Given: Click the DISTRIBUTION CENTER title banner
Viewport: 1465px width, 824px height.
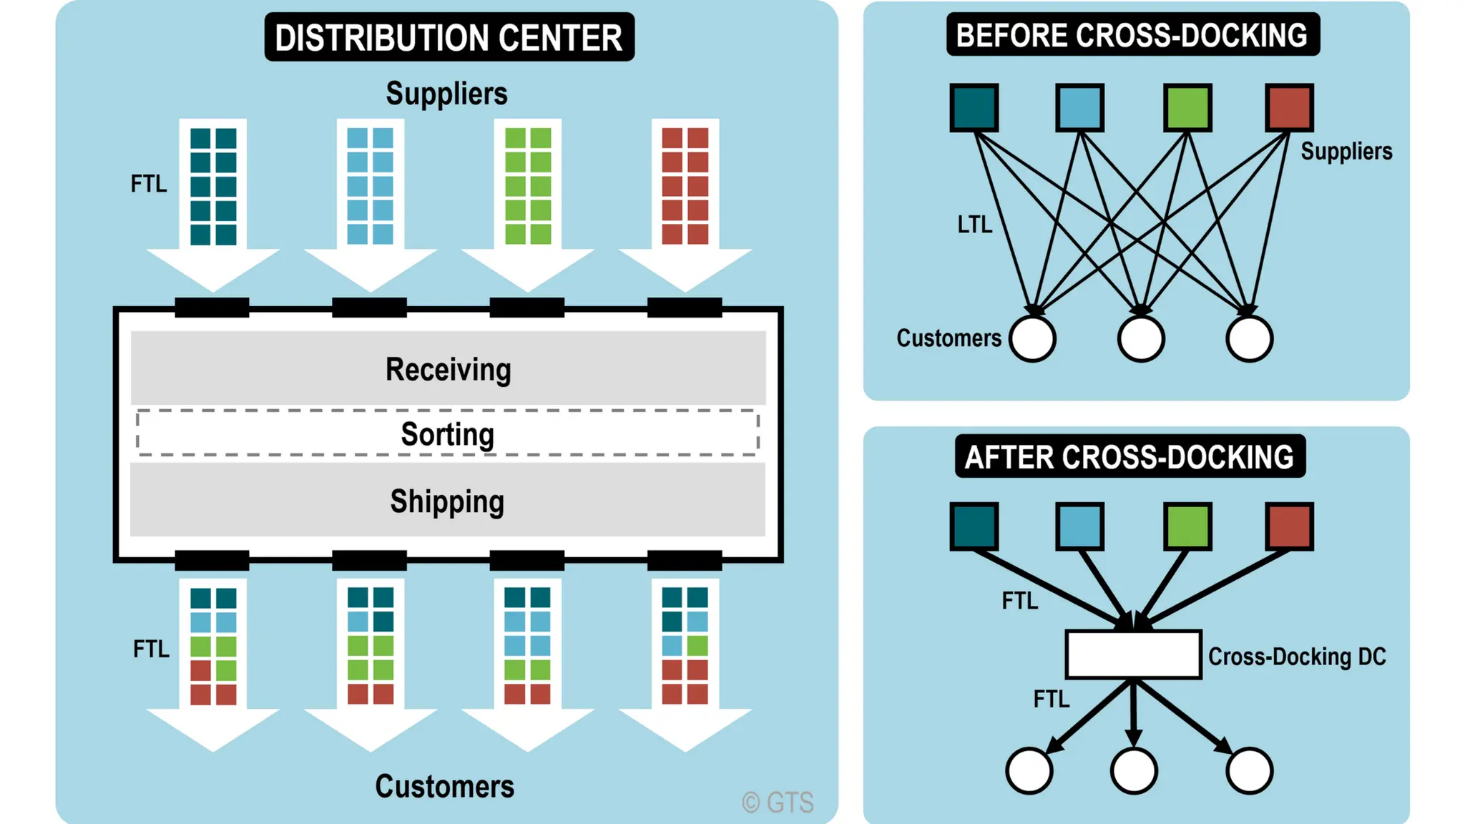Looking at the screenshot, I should (x=449, y=37).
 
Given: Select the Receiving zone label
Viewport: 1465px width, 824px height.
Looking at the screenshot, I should (x=448, y=369).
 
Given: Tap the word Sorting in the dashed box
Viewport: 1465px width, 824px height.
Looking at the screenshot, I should (x=447, y=434).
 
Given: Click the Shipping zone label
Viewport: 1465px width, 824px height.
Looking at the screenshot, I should (x=447, y=501).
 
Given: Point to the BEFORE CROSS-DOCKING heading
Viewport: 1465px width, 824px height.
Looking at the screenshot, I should (x=1132, y=35).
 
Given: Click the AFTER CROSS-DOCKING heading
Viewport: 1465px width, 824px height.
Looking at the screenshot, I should (x=1130, y=457).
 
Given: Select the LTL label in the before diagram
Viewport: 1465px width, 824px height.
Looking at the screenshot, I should (x=974, y=225).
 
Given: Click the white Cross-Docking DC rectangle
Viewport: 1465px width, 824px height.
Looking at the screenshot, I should (x=1133, y=654).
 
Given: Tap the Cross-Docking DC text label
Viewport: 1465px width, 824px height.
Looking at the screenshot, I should (x=1297, y=656).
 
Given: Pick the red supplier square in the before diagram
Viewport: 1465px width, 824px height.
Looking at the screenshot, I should (x=1289, y=107).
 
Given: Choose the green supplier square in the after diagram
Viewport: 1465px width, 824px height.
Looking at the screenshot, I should (x=1187, y=526).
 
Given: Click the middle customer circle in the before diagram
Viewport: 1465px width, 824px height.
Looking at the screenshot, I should (x=1140, y=338).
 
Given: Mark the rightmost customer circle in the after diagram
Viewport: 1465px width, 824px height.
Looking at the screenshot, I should (x=1249, y=770).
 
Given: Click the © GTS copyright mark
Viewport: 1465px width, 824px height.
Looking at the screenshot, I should (x=778, y=803).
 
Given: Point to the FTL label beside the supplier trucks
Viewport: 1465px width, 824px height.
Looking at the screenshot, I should (x=149, y=184).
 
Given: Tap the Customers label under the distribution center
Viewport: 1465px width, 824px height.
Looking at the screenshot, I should (x=444, y=786).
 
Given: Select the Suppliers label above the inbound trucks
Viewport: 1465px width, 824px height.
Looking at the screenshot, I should (x=446, y=94).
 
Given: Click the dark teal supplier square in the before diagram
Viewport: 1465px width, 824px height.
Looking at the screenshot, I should (x=974, y=107).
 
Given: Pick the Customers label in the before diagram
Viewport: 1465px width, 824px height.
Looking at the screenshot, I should (x=949, y=338).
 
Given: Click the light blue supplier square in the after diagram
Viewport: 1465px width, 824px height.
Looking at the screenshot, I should (x=1079, y=526).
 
